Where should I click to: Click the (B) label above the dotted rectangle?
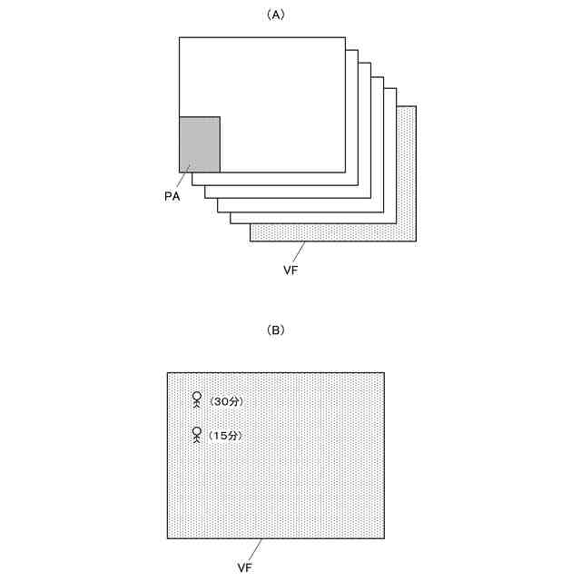[276, 330]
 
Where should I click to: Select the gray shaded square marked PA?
[200, 143]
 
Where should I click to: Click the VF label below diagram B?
[245, 567]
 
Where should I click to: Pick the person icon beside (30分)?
[197, 400]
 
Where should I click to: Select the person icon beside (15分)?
[197, 435]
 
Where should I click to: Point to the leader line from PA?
[183, 174]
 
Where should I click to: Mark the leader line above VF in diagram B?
[254, 549]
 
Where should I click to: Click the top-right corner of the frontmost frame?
[345, 37]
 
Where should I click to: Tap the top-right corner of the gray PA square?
[220, 116]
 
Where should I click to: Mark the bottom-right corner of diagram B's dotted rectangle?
[384, 538]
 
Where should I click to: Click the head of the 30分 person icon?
[197, 396]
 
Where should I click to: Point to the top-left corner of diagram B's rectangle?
[167, 371]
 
